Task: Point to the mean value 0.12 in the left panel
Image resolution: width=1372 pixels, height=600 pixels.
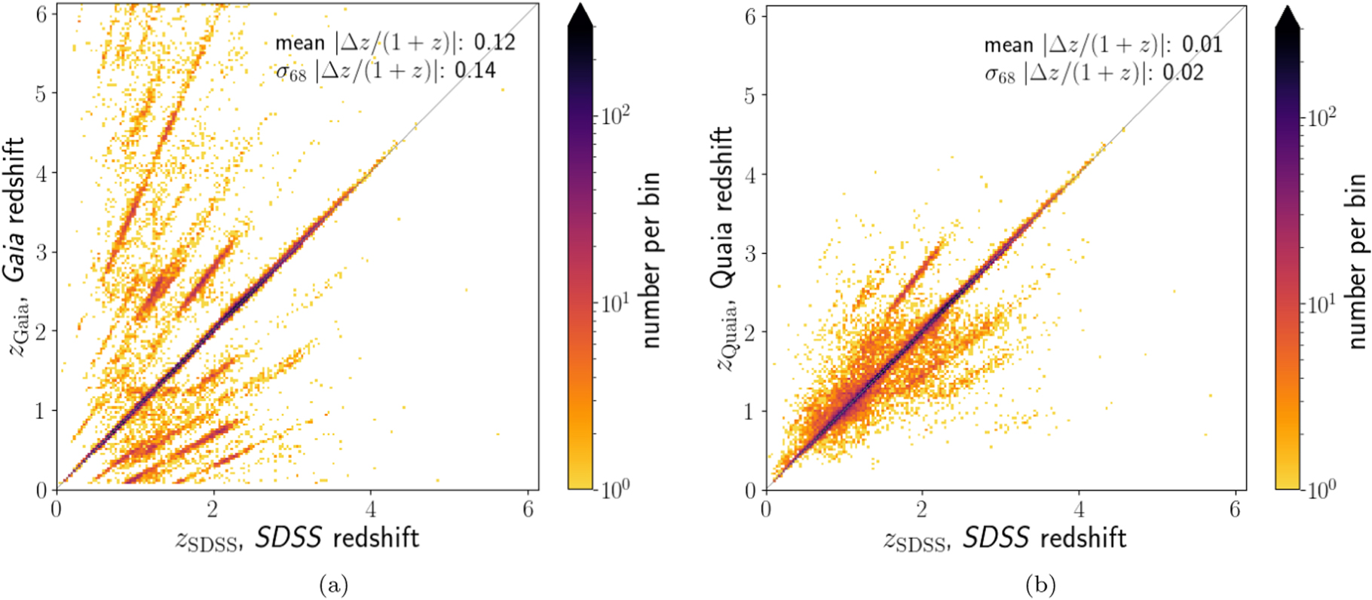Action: coord(495,42)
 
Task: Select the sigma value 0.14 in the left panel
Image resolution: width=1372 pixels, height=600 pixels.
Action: coord(475,71)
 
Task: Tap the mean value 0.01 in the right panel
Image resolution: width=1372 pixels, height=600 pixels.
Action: coord(1202,44)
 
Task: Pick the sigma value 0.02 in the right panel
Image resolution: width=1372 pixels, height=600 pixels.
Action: coord(1183,73)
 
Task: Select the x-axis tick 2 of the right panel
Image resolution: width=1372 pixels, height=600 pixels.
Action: coord(922,510)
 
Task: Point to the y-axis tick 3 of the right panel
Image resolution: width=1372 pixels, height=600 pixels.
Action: coord(749,253)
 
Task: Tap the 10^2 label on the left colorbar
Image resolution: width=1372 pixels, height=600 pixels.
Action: coord(615,115)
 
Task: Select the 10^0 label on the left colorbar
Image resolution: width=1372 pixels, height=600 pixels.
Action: coord(615,490)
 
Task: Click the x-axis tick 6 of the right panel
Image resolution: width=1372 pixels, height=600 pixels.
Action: coord(1234,510)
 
